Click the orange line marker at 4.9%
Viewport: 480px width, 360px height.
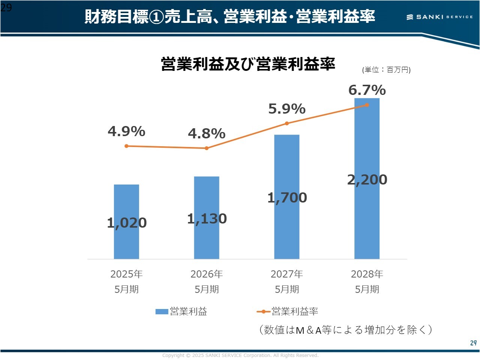(126, 146)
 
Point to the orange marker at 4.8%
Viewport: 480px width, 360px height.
(207, 148)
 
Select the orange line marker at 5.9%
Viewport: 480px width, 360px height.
(287, 123)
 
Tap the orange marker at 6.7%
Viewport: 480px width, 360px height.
(367, 105)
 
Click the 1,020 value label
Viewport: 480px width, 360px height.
(127, 223)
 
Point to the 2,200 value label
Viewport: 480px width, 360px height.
(367, 180)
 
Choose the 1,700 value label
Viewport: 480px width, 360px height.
(287, 198)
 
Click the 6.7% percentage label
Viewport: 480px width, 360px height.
(367, 90)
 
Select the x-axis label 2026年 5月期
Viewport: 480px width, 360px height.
(207, 282)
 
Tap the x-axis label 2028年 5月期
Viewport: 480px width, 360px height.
(367, 282)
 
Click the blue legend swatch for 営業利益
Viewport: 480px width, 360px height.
(162, 312)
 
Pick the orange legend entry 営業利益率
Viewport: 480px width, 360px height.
(288, 312)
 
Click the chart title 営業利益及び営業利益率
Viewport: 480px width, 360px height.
(248, 64)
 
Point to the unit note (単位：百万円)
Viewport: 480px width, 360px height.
(386, 70)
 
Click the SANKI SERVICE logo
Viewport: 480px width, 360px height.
(439, 17)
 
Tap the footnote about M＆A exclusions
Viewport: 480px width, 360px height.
(345, 330)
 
